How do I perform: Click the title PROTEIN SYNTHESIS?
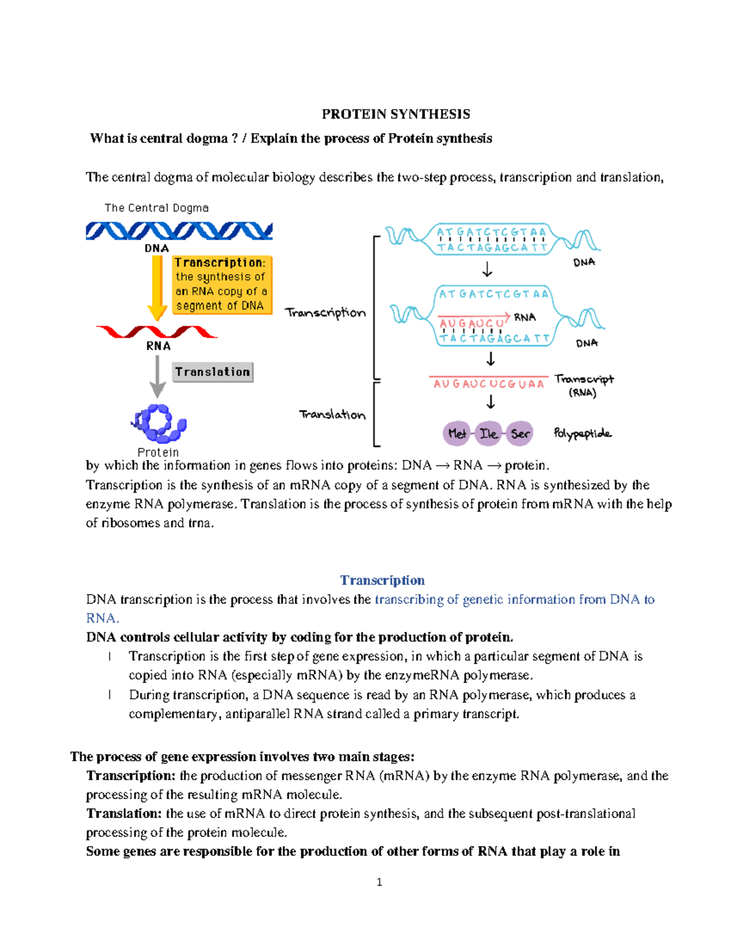[396, 115]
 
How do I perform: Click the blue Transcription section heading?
[382, 580]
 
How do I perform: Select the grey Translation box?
[213, 372]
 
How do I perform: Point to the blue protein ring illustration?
[160, 423]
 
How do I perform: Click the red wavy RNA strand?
[157, 332]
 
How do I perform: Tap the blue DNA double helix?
[179, 231]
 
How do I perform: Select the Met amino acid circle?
[456, 434]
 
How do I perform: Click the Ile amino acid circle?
[488, 434]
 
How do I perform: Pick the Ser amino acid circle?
[520, 434]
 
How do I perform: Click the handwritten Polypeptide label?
[582, 434]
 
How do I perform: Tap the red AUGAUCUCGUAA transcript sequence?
[489, 384]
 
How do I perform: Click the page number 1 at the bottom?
[380, 882]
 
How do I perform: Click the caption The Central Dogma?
[157, 208]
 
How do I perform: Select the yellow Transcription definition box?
[221, 284]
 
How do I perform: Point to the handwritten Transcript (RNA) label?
[584, 386]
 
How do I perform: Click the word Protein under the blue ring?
[158, 452]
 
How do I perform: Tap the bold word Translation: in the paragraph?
[124, 813]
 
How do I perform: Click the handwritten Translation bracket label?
[333, 415]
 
